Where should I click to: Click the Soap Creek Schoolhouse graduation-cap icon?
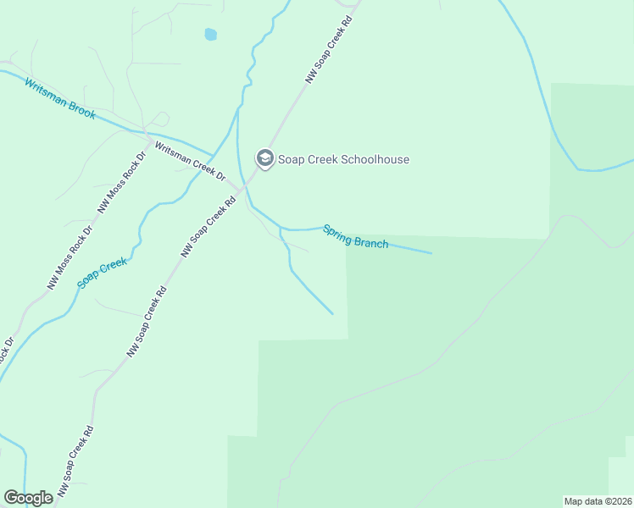(x=264, y=158)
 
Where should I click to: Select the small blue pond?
(x=210, y=35)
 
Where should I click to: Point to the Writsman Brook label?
(x=59, y=98)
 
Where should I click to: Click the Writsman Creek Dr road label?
(x=188, y=161)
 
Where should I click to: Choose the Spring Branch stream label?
(x=355, y=237)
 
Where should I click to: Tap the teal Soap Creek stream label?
(x=103, y=273)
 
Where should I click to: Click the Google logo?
(x=28, y=498)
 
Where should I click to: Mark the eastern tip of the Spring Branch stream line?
(x=431, y=252)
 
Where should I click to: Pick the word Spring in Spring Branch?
(x=336, y=232)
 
